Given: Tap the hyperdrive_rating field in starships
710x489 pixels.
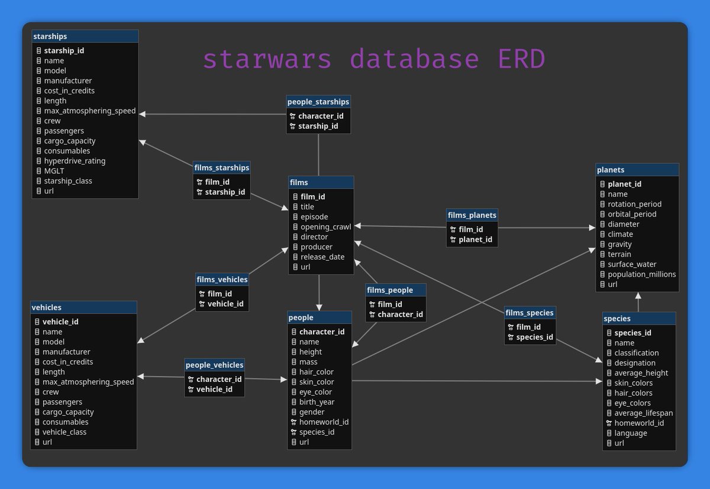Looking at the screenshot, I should point(75,161).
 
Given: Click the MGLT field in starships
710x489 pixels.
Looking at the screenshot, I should point(54,171).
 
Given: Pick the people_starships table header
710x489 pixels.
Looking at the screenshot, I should point(318,102).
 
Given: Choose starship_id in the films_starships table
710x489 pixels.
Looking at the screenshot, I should point(225,192).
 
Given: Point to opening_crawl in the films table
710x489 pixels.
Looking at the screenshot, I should point(325,226).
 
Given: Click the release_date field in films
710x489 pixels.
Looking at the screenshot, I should point(322,257).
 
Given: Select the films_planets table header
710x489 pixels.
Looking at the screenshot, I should point(472,215).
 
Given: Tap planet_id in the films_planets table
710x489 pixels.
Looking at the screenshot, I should point(475,239).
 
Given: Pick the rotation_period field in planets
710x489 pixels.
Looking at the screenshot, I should point(634,204).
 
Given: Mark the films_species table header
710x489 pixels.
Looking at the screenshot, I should point(530,312).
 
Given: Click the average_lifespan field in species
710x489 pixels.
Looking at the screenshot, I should point(643,413).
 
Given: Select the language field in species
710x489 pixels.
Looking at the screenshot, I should point(630,433).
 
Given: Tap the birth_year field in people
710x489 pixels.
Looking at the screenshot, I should point(317,402).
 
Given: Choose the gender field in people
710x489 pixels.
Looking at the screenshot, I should point(312,412).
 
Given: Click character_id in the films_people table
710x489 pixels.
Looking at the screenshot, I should point(400,315).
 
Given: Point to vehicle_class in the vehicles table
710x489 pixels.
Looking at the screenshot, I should point(64,432).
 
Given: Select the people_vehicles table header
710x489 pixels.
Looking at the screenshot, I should point(214,365).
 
